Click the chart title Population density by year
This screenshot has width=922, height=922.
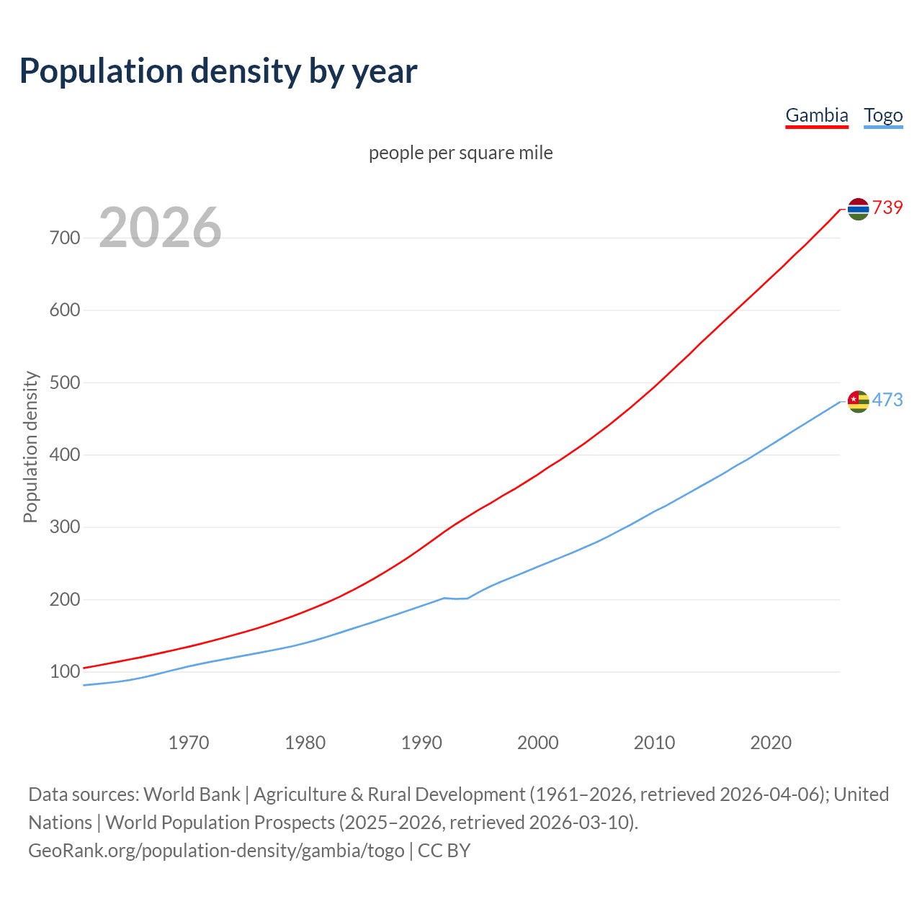(218, 71)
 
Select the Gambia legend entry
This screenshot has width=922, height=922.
(816, 115)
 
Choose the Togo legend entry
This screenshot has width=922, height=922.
(883, 115)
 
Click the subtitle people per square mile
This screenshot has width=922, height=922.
(460, 153)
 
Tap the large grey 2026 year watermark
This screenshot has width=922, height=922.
(160, 228)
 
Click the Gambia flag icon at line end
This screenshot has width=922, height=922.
(858, 209)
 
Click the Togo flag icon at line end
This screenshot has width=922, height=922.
(858, 401)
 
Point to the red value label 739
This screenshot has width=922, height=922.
(887, 207)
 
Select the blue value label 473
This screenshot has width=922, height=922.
(887, 400)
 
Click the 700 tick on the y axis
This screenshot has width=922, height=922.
(65, 238)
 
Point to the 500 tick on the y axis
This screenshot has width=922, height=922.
(65, 382)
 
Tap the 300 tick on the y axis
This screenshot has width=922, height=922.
(65, 527)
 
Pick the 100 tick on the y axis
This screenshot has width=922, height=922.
(65, 672)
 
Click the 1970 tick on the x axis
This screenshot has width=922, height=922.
(189, 743)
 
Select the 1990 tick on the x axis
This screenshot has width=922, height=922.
(421, 743)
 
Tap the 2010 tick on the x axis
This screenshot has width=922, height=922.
(654, 743)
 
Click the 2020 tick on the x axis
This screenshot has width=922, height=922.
(771, 743)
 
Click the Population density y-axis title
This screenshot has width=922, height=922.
(30, 447)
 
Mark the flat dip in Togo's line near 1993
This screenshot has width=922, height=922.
(456, 599)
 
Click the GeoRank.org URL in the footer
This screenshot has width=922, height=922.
(216, 851)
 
